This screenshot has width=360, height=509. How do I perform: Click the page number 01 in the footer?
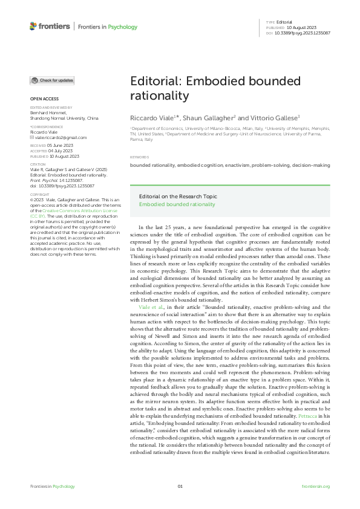(x=180, y=487)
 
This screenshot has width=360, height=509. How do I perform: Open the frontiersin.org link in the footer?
(x=315, y=487)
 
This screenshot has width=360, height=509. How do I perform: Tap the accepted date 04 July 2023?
(x=61, y=151)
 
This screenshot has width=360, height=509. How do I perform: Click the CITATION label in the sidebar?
(x=38, y=163)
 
